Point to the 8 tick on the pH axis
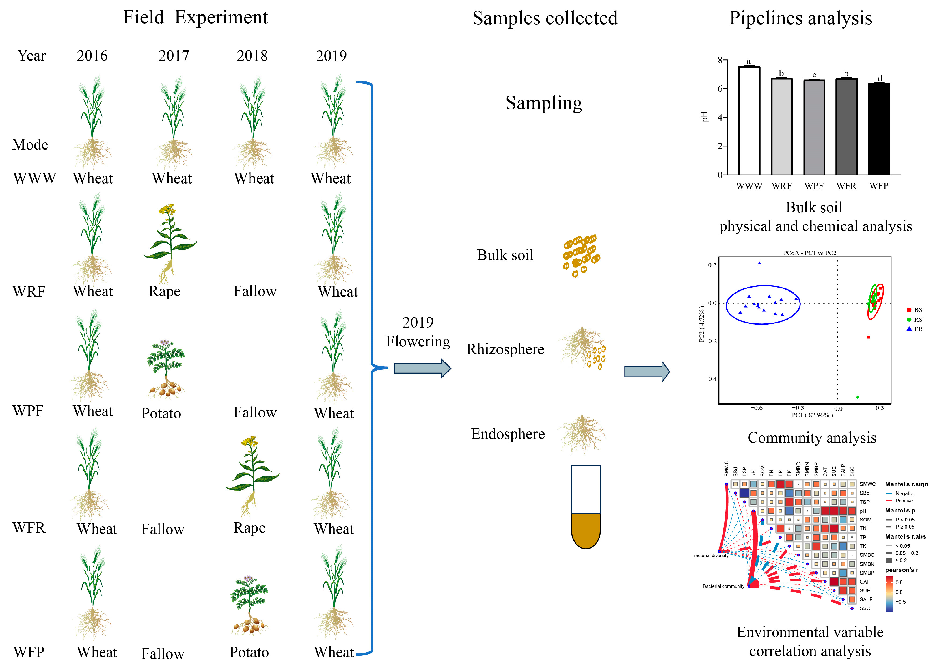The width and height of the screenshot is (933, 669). [720, 60]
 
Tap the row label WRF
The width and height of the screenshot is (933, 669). [29, 291]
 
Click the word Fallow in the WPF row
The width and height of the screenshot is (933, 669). [255, 412]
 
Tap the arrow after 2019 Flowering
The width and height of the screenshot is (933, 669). [422, 368]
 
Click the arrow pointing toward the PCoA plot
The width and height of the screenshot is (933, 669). [646, 372]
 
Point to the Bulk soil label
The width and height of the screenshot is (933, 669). [505, 255]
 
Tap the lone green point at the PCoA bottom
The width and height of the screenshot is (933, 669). [857, 397]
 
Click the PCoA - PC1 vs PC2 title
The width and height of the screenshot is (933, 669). [809, 253]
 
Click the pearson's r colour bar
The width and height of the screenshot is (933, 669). [889, 593]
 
